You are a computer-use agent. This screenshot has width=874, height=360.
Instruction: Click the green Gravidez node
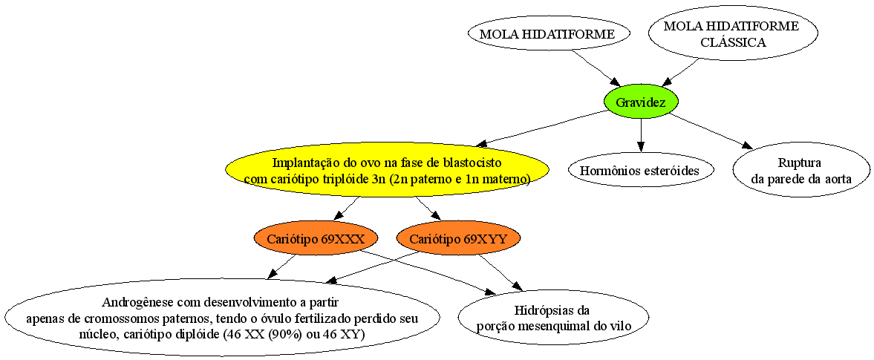click(641, 102)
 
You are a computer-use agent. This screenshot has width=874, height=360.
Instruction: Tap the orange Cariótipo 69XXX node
click(316, 240)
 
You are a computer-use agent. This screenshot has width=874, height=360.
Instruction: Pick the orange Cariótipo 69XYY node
click(458, 240)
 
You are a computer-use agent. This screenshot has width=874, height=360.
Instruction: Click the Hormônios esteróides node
click(641, 171)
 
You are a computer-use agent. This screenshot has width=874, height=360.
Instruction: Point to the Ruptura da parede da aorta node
click(801, 171)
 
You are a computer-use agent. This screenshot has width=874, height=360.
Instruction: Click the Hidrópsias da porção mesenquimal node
click(553, 318)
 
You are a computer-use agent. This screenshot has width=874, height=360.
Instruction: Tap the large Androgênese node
click(222, 318)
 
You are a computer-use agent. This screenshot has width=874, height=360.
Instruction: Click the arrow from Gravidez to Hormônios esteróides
click(641, 134)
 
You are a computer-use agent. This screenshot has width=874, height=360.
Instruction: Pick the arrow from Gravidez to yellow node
click(541, 128)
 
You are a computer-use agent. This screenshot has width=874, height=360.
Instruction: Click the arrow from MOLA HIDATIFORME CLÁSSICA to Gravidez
click(679, 71)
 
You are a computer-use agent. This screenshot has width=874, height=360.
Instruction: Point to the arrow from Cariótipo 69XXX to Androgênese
click(282, 266)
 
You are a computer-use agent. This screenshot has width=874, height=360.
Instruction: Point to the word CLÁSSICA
click(733, 42)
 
